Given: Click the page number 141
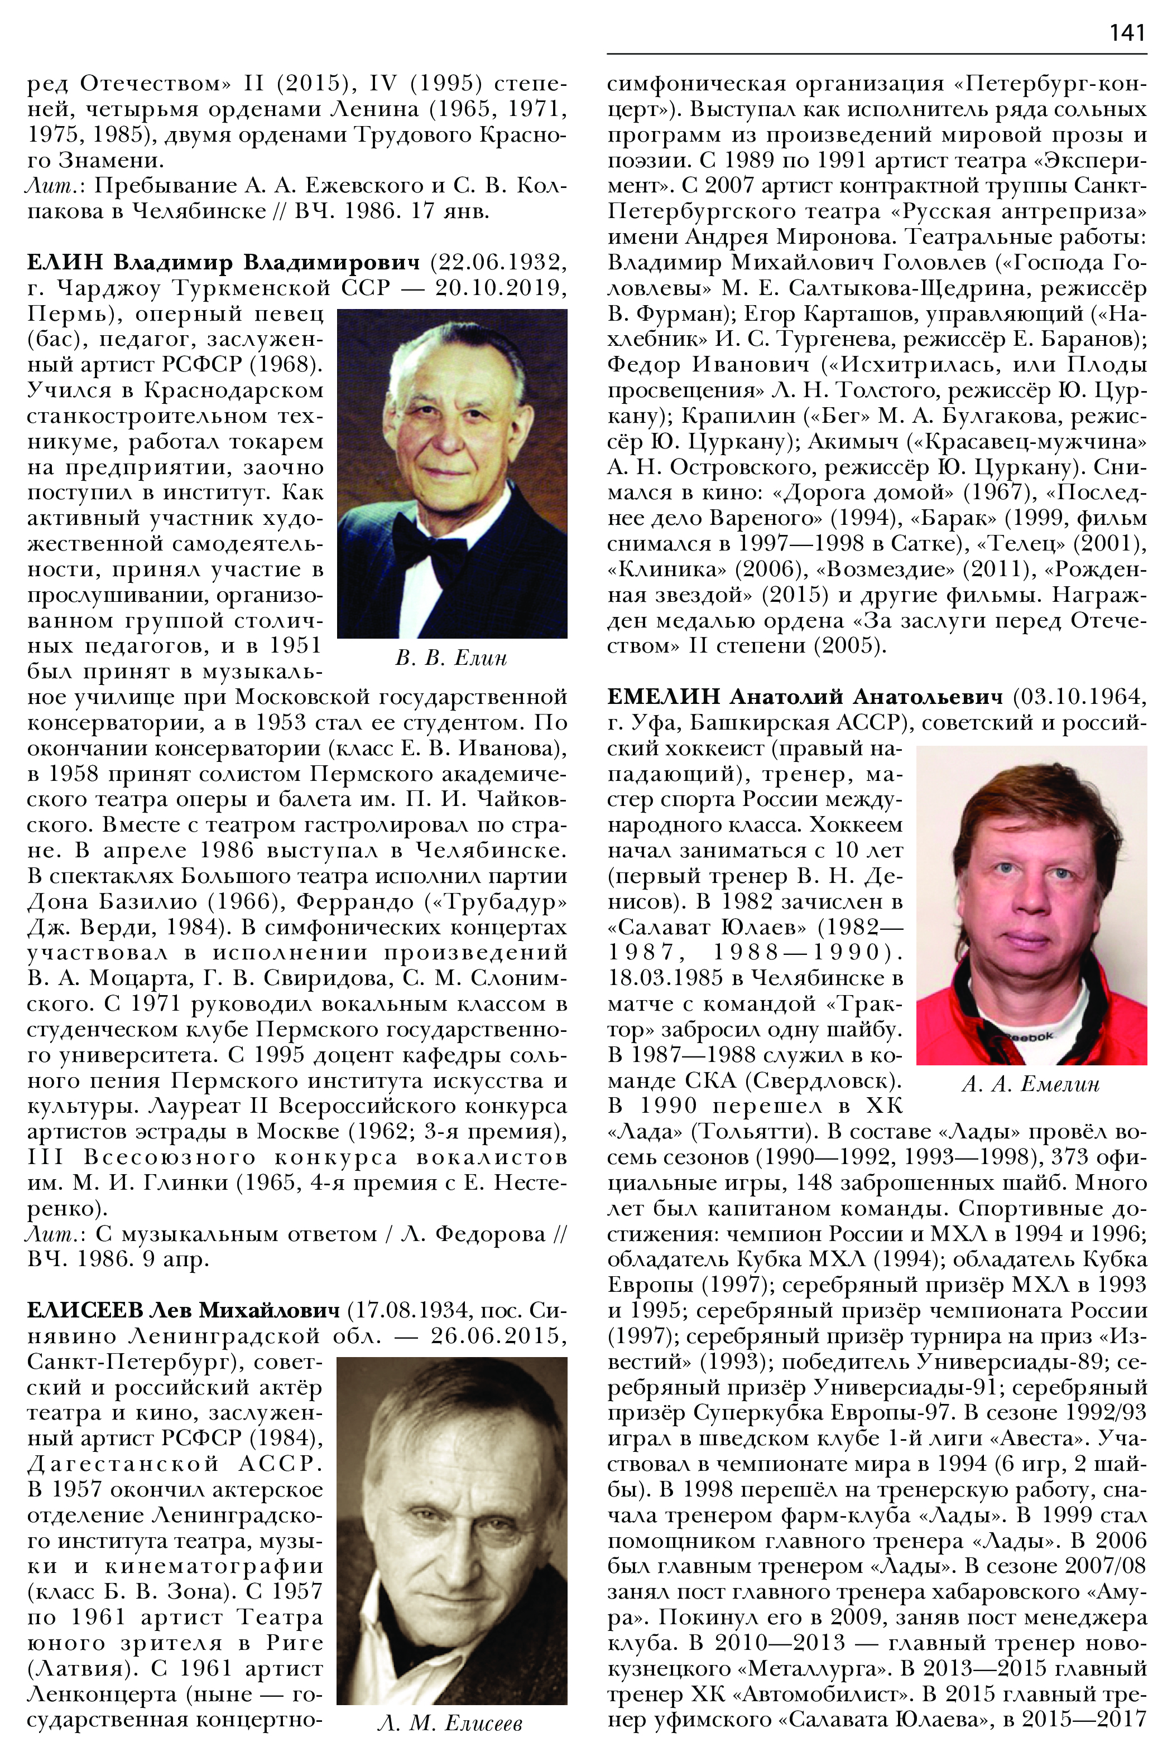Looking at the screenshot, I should (x=1127, y=32).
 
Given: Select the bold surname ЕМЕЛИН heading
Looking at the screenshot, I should (x=662, y=697).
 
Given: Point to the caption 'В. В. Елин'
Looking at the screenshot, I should (x=451, y=658).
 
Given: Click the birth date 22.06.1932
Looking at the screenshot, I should (x=498, y=263).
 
